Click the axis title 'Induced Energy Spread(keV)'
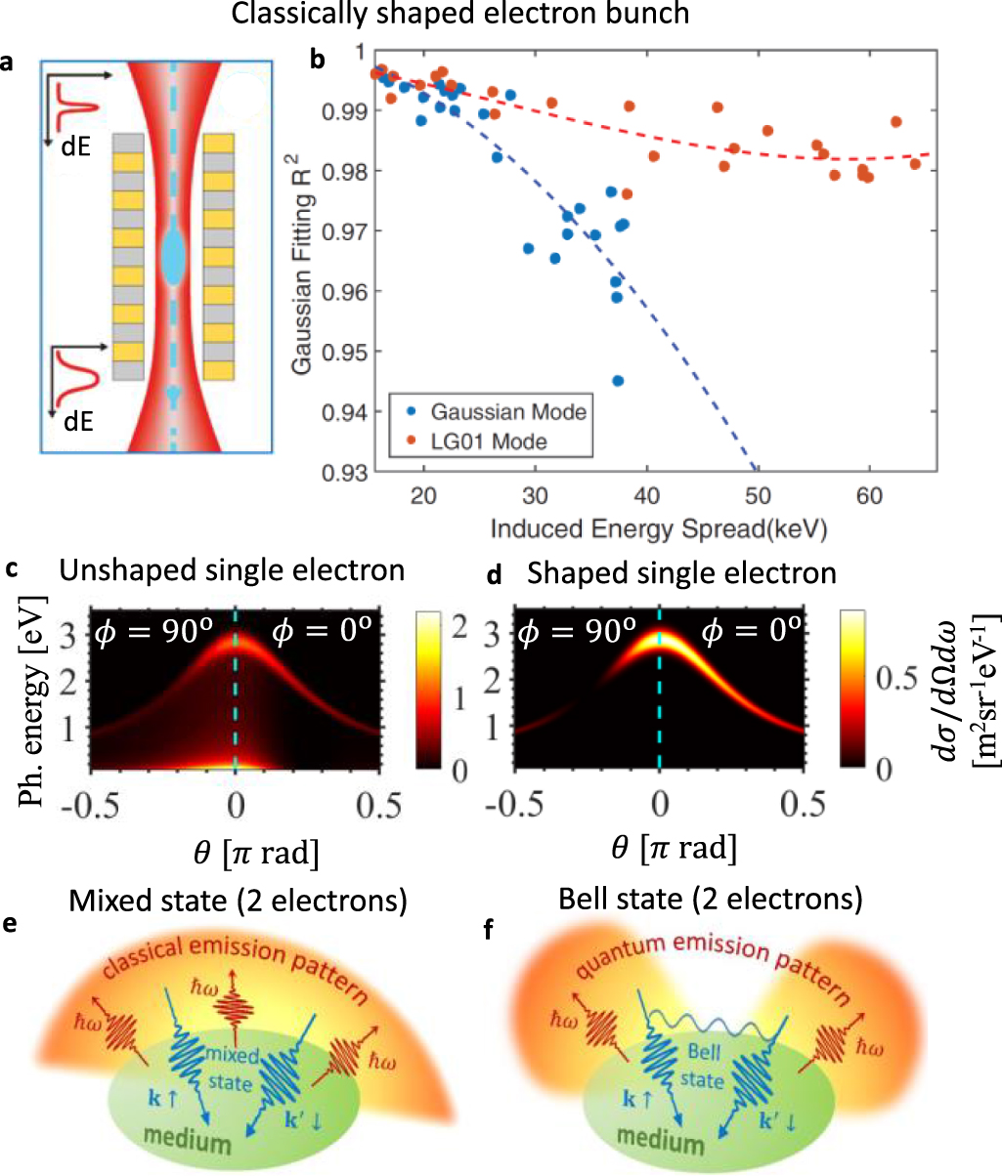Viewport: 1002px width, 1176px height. (x=659, y=529)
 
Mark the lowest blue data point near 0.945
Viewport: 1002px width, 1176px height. (x=617, y=381)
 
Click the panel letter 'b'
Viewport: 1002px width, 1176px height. (x=317, y=60)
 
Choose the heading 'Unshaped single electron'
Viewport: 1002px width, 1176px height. (x=232, y=570)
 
